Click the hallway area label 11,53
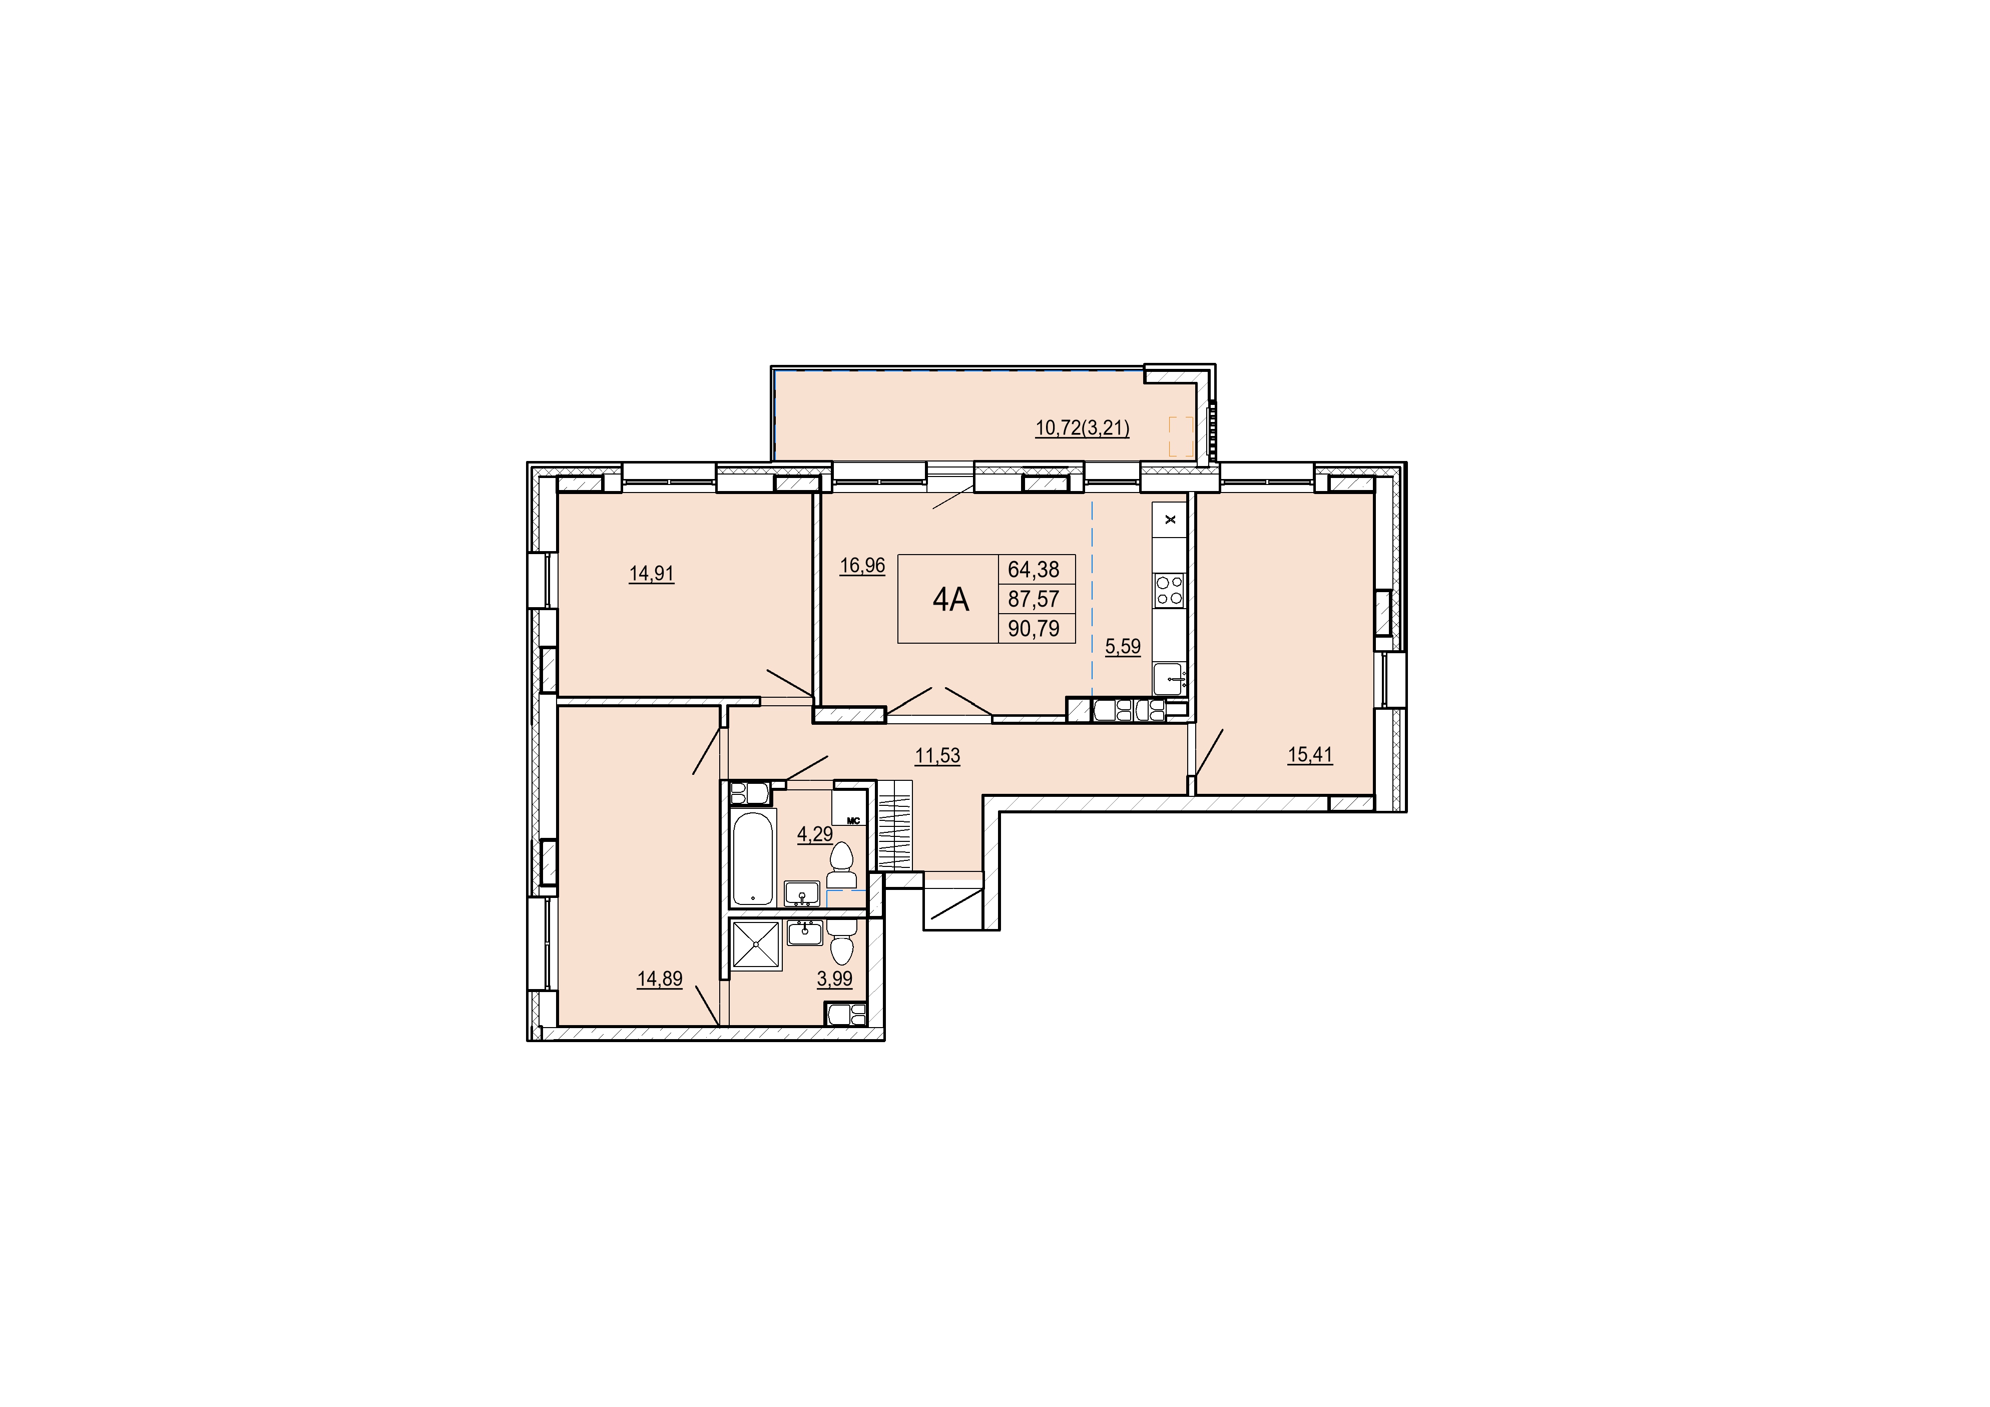938,755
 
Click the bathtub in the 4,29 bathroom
753,858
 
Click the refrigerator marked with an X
1170,519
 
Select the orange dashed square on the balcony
1181,436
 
